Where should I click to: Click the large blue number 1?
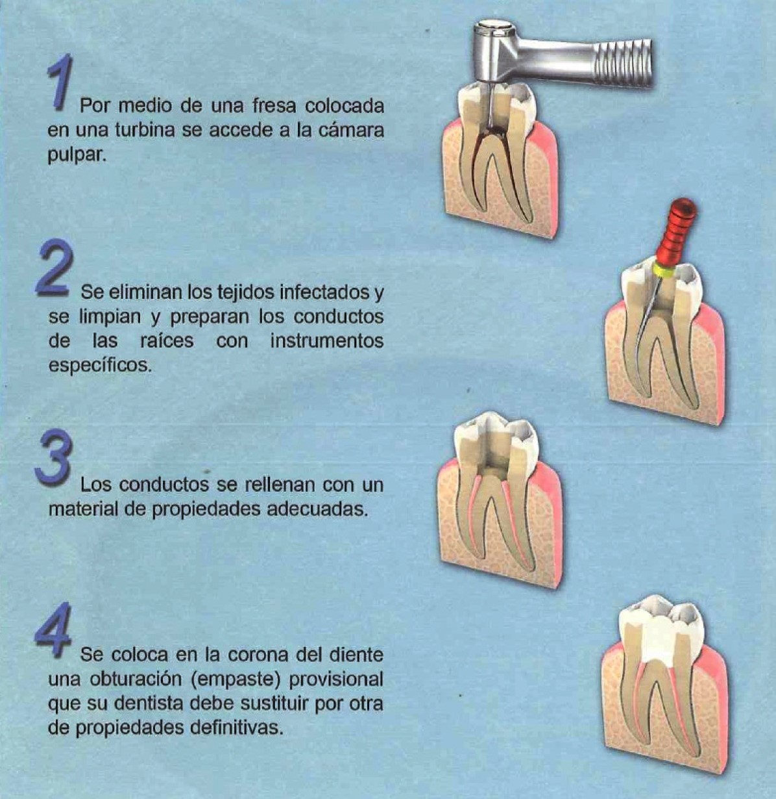click(60, 83)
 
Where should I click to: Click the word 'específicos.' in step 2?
click(100, 366)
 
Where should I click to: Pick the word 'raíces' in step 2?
click(167, 341)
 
